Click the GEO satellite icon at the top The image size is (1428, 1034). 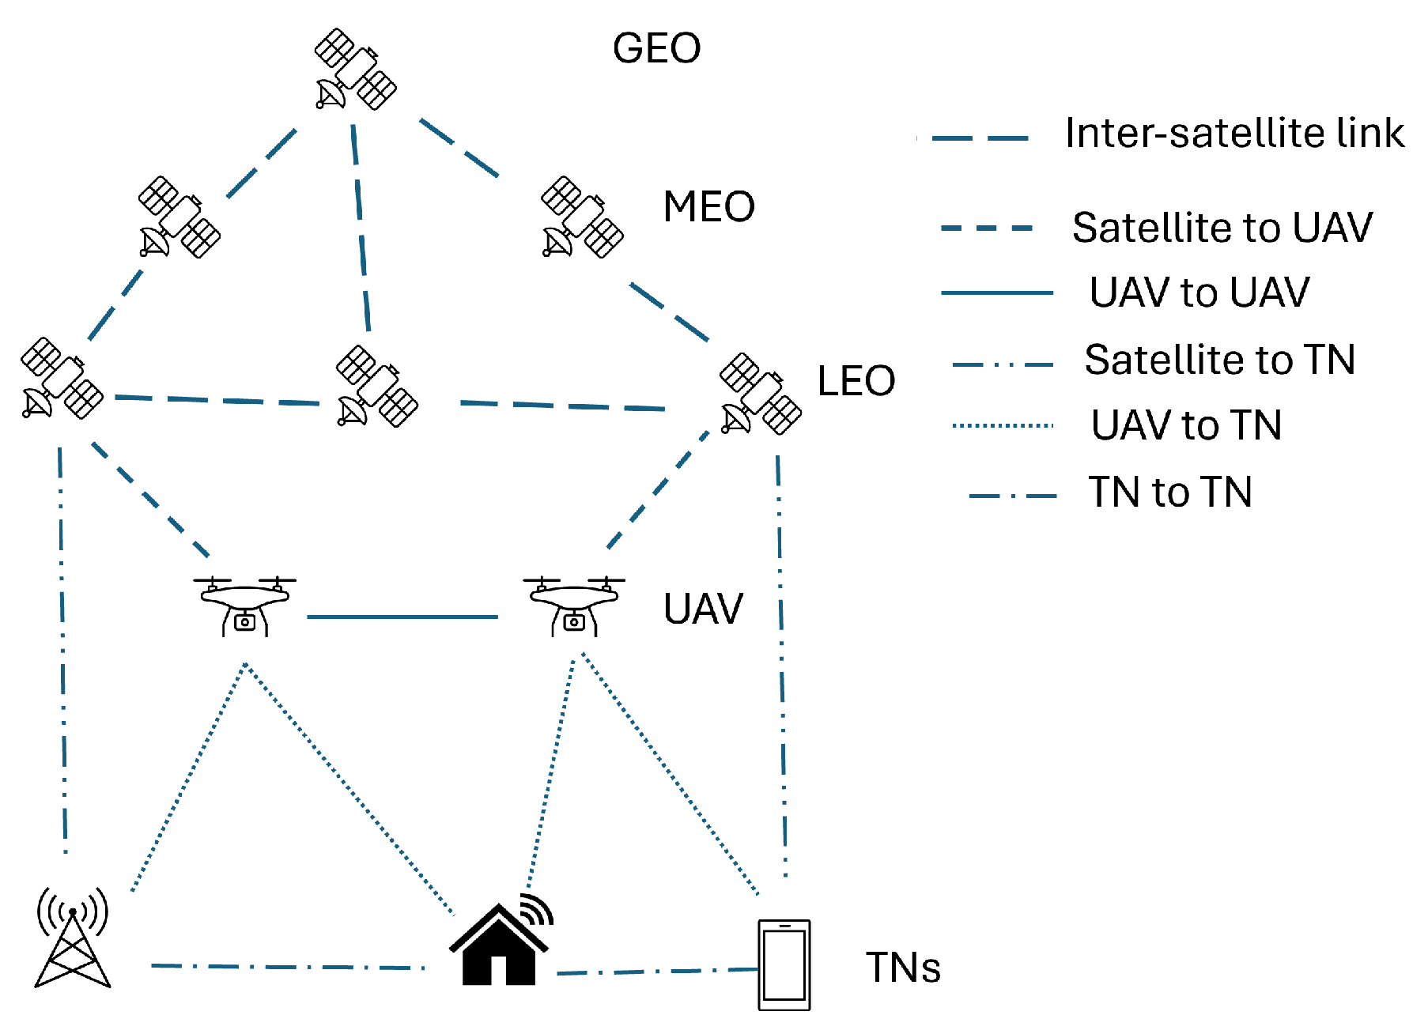tap(355, 70)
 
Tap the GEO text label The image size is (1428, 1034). tap(656, 49)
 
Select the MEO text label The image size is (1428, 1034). tap(708, 207)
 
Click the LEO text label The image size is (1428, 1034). tap(856, 381)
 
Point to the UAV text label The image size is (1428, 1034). tap(703, 609)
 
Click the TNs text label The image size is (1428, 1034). tap(903, 968)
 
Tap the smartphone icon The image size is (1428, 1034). tap(784, 964)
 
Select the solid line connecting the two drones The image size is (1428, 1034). tap(402, 617)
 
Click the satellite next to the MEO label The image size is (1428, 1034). tap(582, 217)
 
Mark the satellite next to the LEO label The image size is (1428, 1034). tap(760, 394)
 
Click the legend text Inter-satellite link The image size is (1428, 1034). tap(1233, 133)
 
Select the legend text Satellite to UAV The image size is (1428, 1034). tap(1222, 228)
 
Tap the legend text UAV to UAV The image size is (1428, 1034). tap(1199, 292)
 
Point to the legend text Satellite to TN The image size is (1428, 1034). tap(1219, 360)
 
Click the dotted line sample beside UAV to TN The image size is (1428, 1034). tap(1003, 425)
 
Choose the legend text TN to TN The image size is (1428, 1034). tap(1170, 492)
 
